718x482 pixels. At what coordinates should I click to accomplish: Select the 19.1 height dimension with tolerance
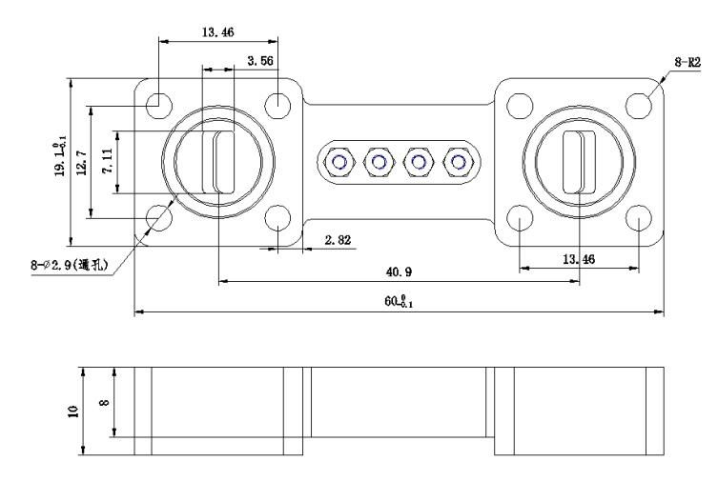click(x=60, y=157)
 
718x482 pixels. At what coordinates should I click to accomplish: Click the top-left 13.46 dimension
click(x=218, y=31)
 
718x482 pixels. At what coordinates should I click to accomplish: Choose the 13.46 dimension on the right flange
click(x=579, y=258)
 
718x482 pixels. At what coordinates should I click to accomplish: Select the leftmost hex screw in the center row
click(x=339, y=162)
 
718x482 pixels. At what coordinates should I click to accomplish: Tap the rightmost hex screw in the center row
click(x=460, y=162)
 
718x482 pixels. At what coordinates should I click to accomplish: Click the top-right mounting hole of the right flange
click(x=638, y=103)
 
